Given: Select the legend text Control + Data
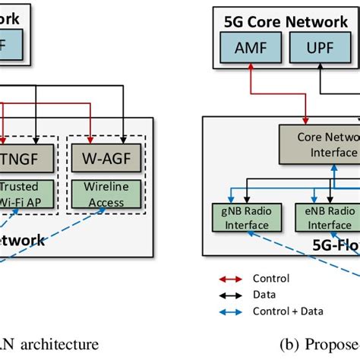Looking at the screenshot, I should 285,310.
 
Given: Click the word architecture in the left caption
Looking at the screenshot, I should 60,344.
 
